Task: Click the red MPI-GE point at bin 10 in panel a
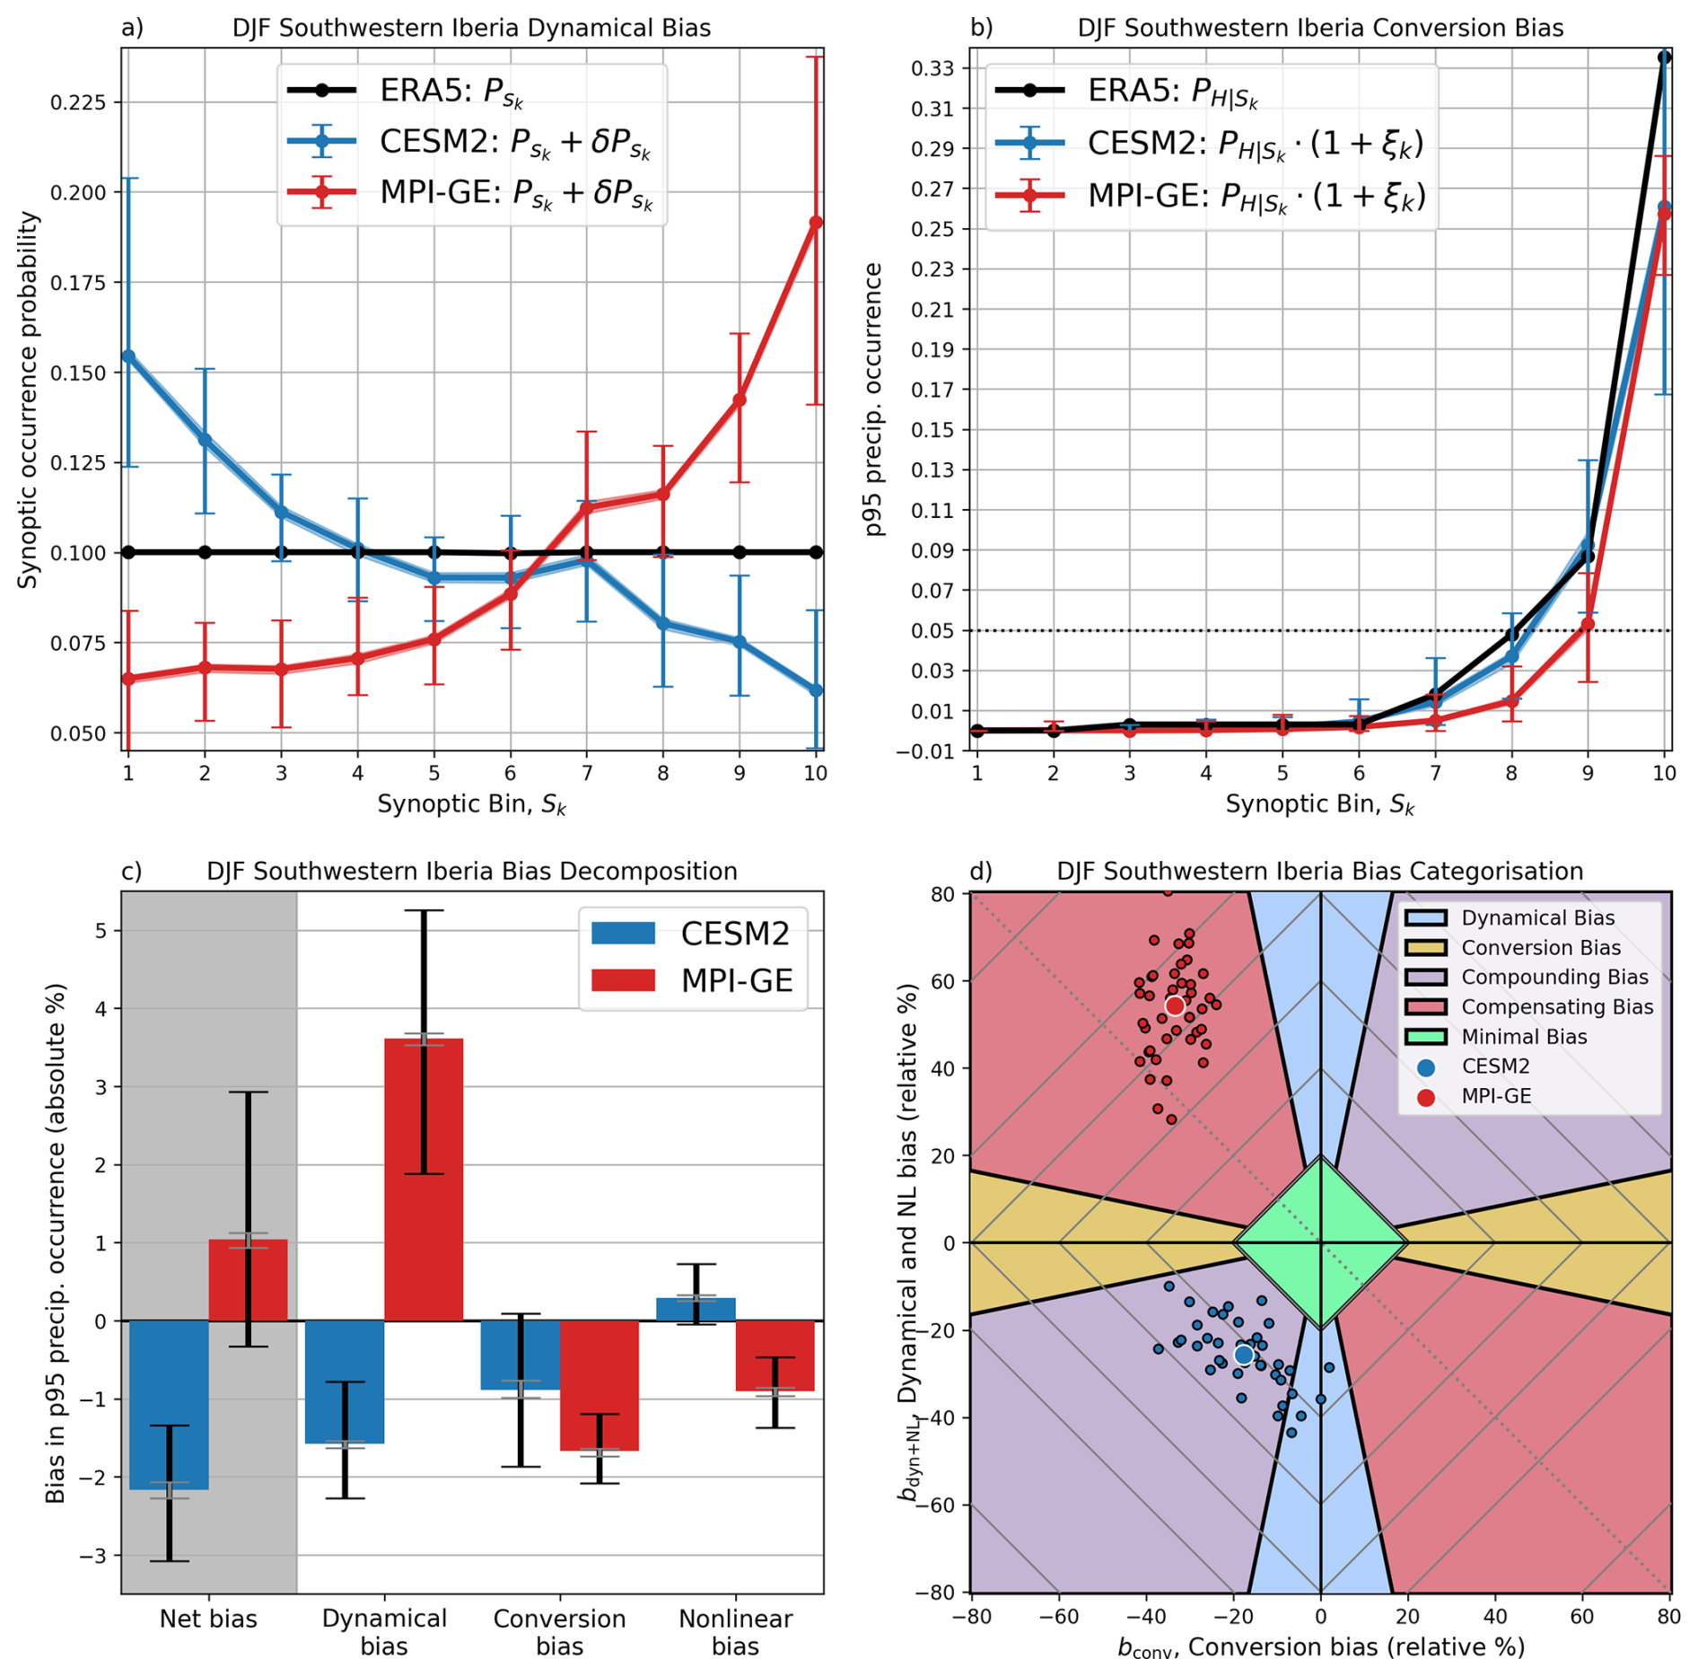tap(815, 223)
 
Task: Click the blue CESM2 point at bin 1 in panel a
tap(128, 356)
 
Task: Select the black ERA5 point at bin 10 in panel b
tap(1663, 57)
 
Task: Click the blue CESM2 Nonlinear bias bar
tap(696, 1309)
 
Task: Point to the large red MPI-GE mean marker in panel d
tap(1174, 1005)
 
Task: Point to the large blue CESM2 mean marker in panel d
tap(1243, 1354)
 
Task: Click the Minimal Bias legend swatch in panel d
tap(1425, 1037)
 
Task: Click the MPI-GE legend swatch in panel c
tap(623, 980)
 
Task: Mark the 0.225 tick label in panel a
tap(78, 102)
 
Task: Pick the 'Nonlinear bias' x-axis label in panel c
tap(735, 1631)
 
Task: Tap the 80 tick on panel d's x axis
tap(1668, 1617)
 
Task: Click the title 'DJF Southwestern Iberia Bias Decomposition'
tap(471, 872)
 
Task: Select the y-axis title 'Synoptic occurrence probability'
tap(29, 399)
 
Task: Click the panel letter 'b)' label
tap(981, 28)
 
